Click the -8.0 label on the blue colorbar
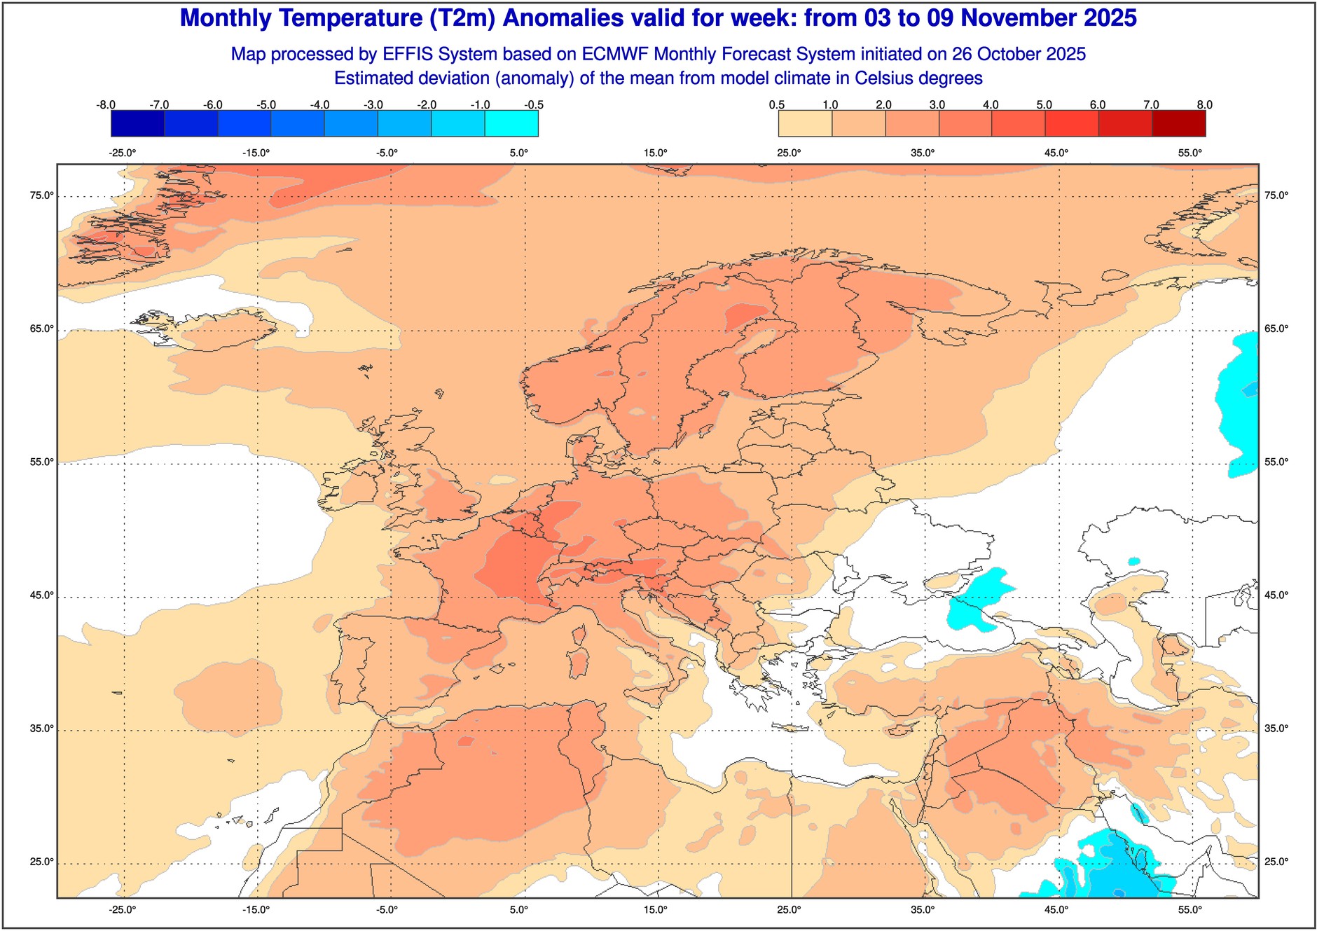(x=106, y=105)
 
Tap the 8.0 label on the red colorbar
(x=1204, y=105)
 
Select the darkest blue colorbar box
(x=137, y=124)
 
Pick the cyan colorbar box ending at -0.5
(x=511, y=124)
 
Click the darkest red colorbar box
(x=1179, y=124)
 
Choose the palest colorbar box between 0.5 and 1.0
(x=805, y=124)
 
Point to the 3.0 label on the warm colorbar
(x=937, y=105)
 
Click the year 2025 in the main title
(x=1110, y=18)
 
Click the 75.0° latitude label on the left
(x=41, y=195)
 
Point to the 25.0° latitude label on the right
(x=1276, y=862)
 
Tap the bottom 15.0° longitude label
(x=656, y=910)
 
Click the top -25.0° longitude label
(x=123, y=153)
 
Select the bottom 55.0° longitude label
(x=1190, y=910)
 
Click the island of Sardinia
(x=578, y=662)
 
